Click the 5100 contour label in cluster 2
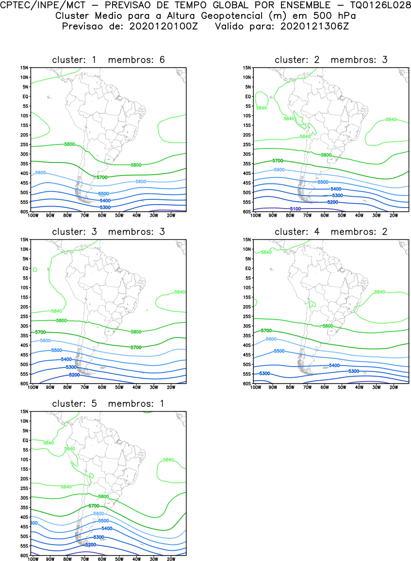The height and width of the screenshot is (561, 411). point(296,209)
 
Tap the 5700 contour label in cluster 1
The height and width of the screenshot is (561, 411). point(102,177)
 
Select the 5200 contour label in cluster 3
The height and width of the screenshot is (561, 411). point(74,375)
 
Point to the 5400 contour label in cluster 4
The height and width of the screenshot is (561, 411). point(334,365)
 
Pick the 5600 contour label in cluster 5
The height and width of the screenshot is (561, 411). point(99,513)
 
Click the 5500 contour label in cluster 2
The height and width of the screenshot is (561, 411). point(323,182)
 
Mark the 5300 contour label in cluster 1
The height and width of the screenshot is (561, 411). point(105,208)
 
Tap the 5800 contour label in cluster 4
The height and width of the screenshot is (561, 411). point(328,326)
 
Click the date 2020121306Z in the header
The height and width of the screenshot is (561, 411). point(314,26)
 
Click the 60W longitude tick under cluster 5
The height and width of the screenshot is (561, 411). point(102,559)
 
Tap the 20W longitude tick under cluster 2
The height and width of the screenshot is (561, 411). point(394,215)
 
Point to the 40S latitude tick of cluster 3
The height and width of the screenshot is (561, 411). point(24,345)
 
